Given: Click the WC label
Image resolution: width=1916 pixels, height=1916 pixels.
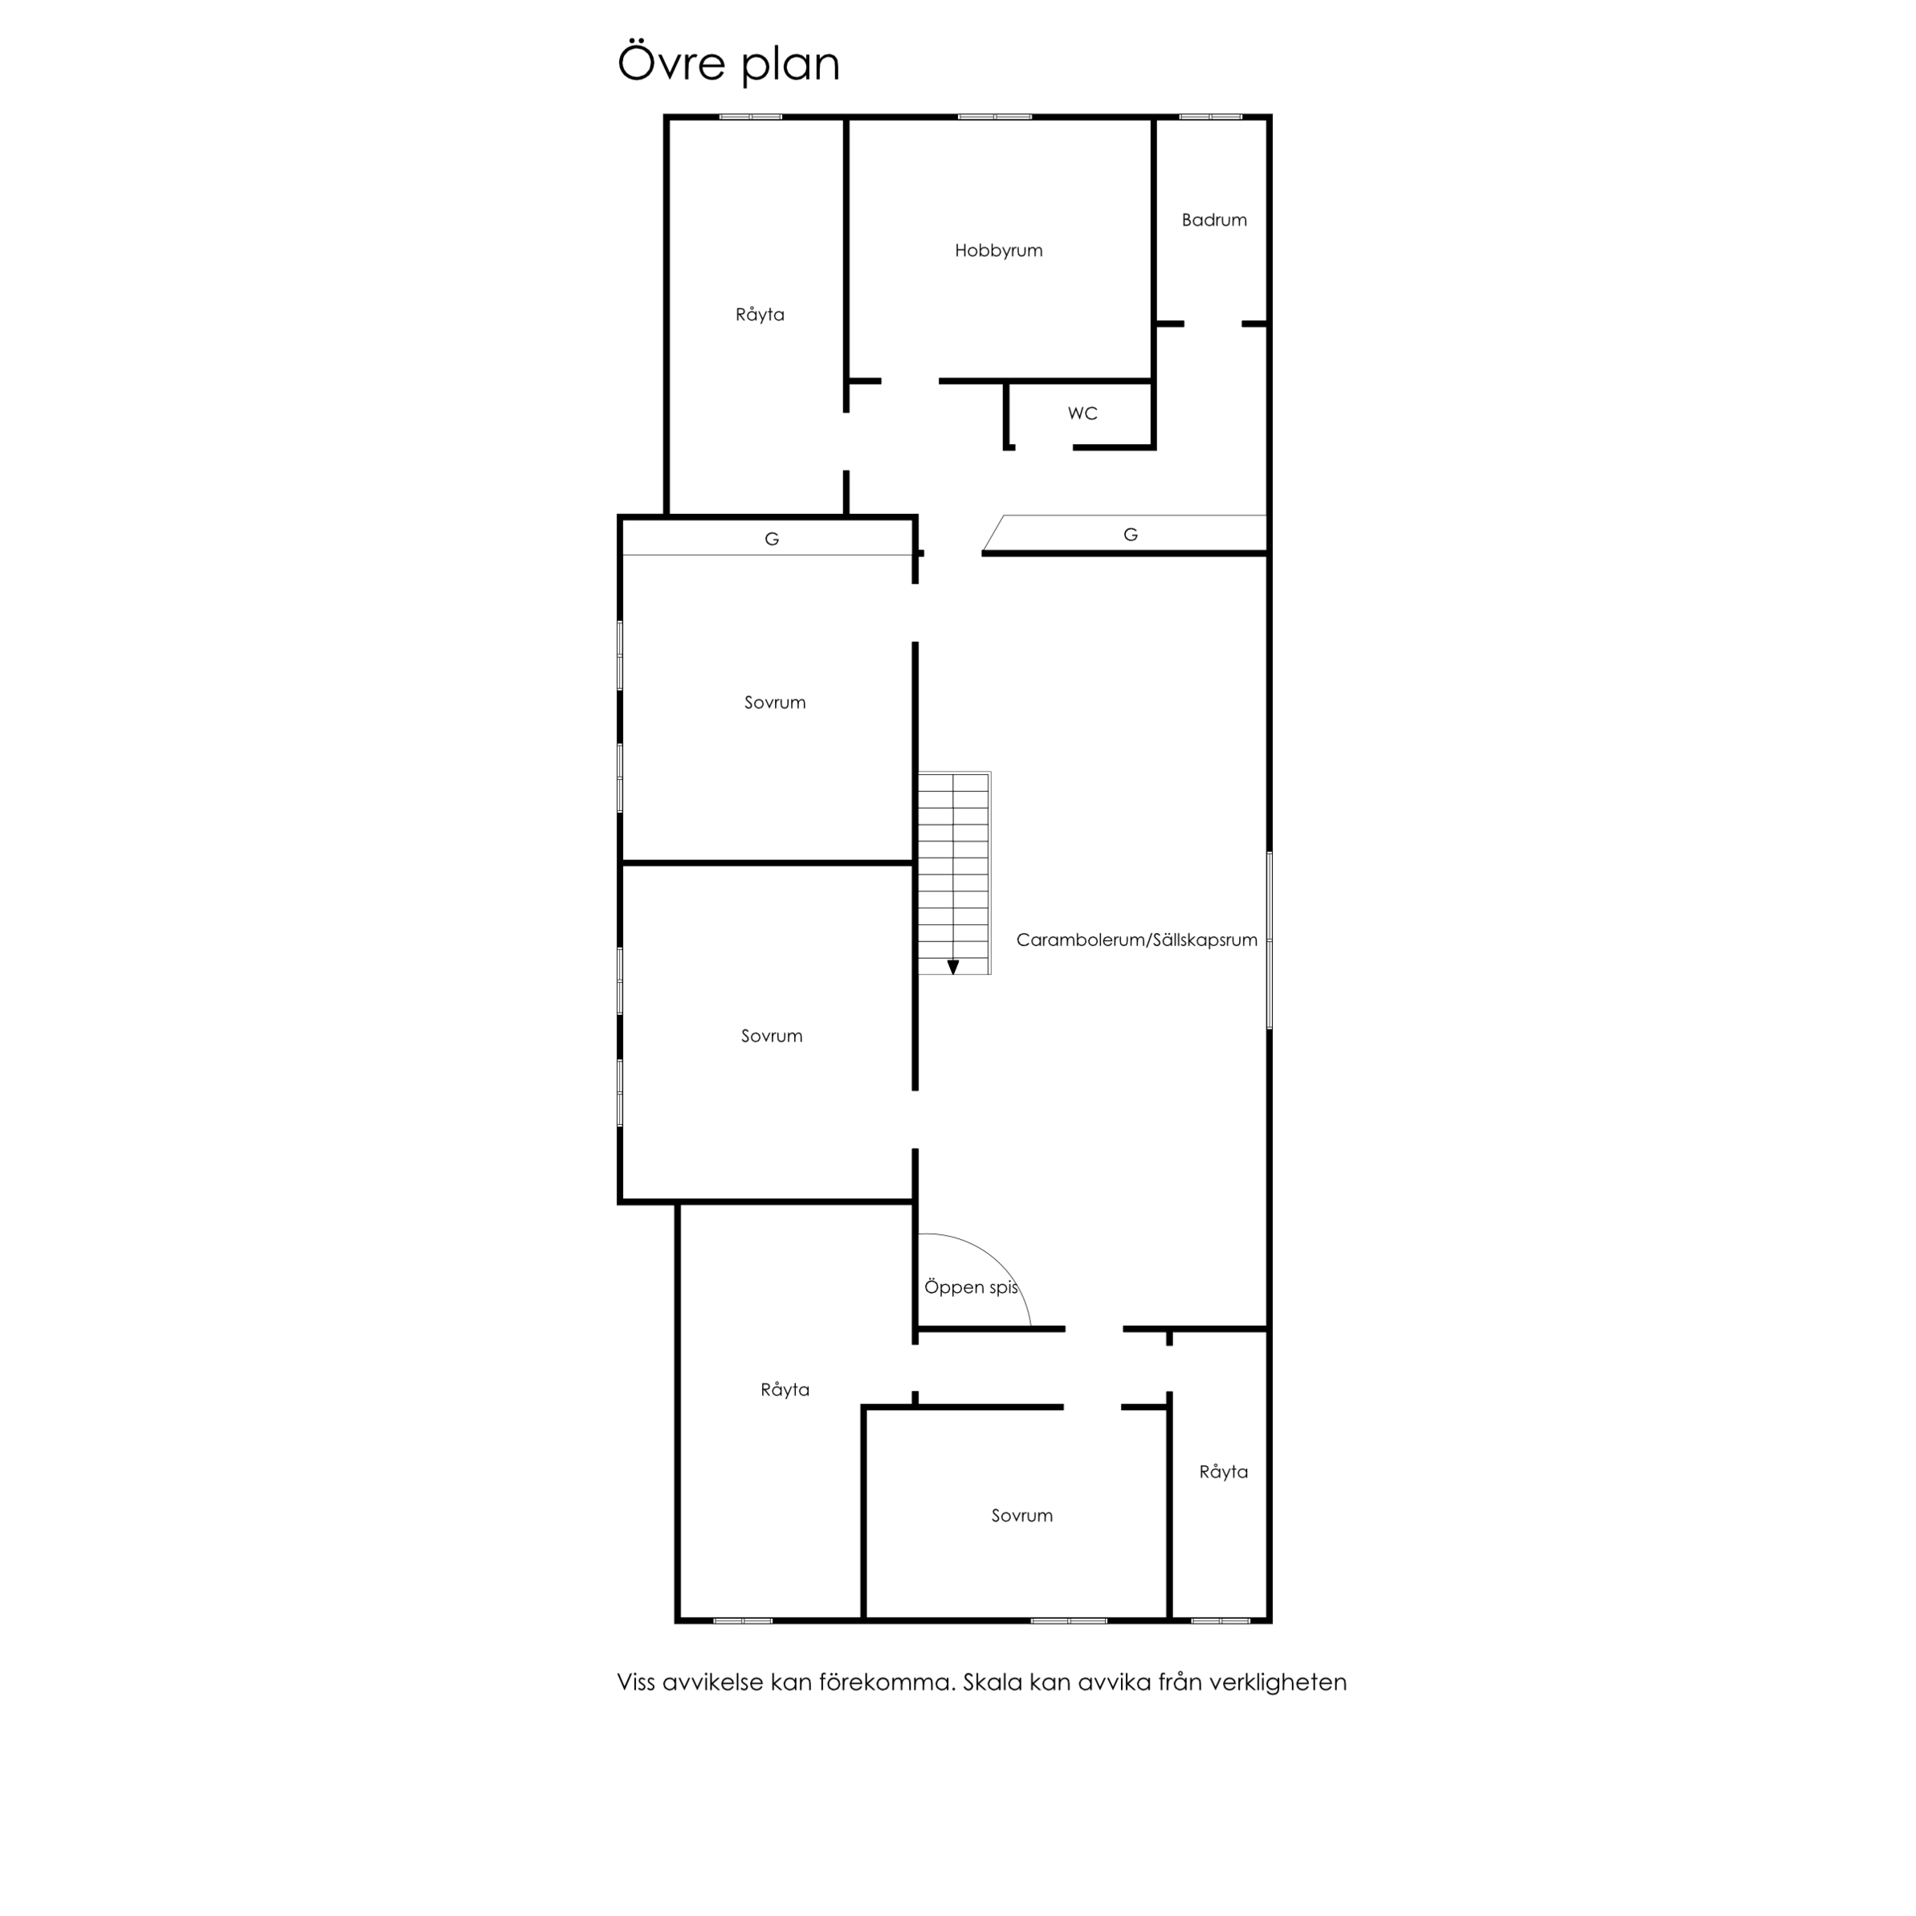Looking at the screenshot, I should click(1082, 414).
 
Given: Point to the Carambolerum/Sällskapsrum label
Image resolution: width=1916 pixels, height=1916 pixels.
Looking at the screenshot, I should click(1135, 940).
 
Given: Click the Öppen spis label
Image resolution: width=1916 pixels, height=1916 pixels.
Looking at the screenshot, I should click(970, 1287).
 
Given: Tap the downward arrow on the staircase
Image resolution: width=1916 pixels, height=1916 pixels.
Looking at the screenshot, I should click(953, 967).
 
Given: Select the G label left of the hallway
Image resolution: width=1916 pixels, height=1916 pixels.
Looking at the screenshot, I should click(772, 540).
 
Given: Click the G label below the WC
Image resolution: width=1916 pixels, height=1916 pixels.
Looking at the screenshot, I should click(1130, 535).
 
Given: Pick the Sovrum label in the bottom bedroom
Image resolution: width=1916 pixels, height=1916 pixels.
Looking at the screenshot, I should click(1021, 1515).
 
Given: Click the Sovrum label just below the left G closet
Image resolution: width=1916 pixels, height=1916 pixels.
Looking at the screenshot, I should click(775, 702).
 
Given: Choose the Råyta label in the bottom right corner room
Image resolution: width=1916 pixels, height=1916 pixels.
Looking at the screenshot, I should click(1223, 1472).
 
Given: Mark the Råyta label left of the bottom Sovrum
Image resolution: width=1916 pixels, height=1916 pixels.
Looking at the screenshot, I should click(785, 1389).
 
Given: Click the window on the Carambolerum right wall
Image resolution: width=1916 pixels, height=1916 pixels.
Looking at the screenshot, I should click(1269, 940).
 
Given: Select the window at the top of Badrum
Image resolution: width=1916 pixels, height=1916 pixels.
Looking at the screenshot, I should click(1210, 117).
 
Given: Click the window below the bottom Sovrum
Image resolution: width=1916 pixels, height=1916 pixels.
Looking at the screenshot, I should click(1068, 1620).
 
